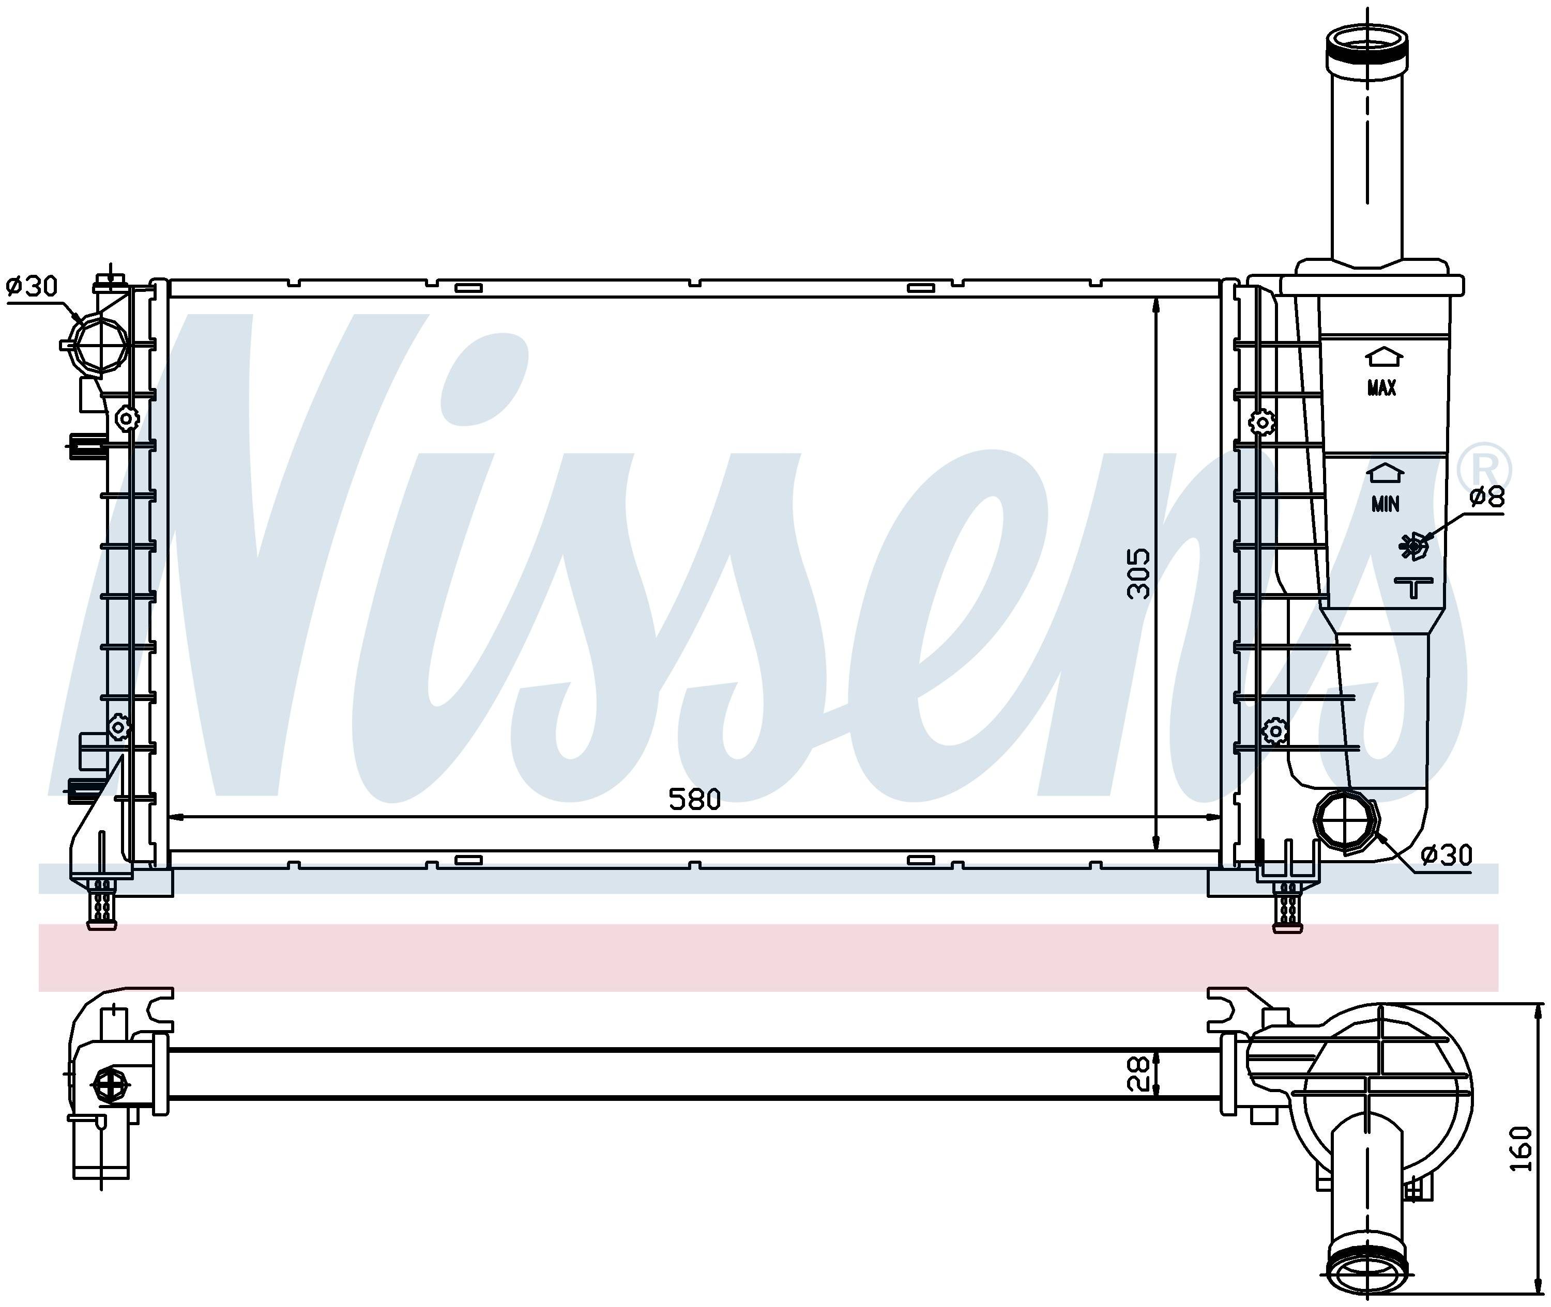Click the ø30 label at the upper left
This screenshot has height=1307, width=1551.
coord(32,286)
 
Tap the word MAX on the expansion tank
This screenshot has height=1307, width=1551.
coord(1382,387)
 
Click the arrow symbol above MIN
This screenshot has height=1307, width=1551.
coord(1386,473)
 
